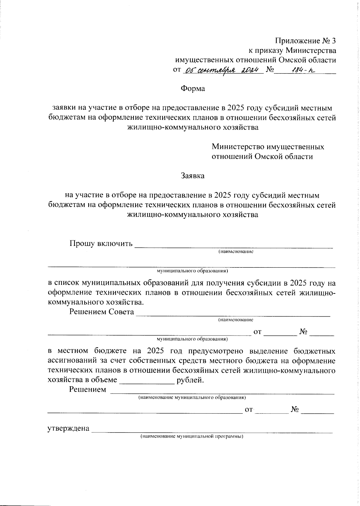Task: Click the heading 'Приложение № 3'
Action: coord(305,41)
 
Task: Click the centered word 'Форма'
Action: coord(193,89)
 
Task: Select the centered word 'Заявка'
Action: coord(193,176)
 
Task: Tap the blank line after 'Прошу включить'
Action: coord(234,247)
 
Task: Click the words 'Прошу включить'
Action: coord(101,243)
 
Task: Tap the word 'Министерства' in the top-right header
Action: coord(310,50)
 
